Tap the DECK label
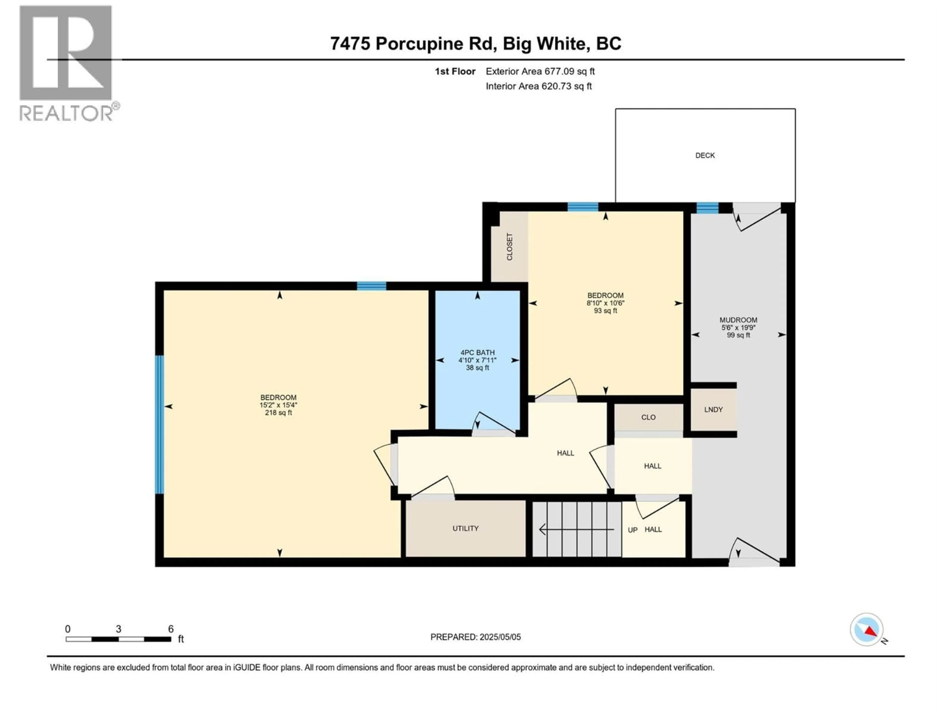[x=705, y=155]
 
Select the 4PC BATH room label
[x=477, y=353]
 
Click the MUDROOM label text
[x=738, y=320]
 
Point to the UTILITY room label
[x=465, y=529]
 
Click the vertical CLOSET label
[x=509, y=247]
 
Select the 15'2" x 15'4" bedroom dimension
[x=278, y=405]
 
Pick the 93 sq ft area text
[x=605, y=311]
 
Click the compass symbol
[x=867, y=630]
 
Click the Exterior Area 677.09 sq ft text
[x=540, y=71]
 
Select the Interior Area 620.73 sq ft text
[x=538, y=86]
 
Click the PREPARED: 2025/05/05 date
[x=476, y=637]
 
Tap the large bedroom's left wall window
[x=159, y=424]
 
